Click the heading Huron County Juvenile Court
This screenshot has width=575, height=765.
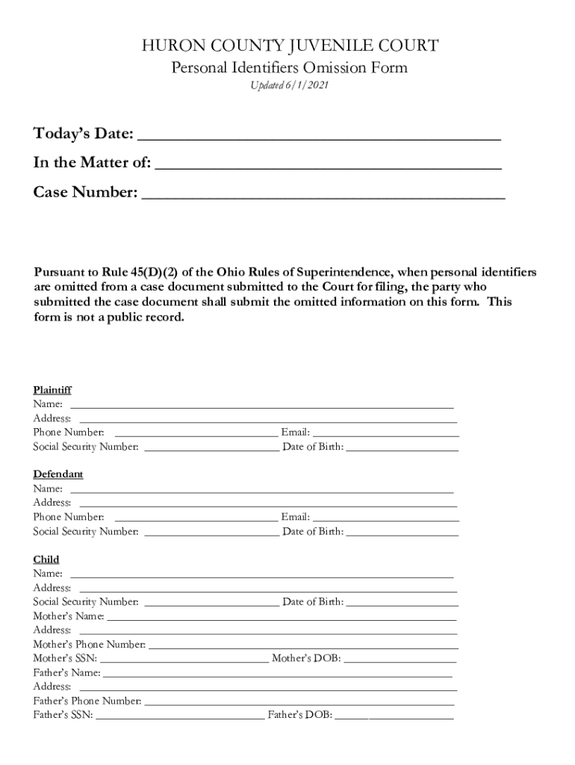290,46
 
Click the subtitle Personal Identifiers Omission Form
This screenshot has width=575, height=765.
290,68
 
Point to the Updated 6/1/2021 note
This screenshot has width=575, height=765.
289,86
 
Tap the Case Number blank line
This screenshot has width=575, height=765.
323,194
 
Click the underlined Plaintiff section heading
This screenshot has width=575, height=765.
52,390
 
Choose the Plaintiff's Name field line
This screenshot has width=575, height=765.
261,405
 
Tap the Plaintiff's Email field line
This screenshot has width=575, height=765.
385,433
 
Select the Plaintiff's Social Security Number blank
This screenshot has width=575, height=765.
211,447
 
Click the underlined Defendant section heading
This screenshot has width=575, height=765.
58,474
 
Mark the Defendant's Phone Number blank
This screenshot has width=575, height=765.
196,517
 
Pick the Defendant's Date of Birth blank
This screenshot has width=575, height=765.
402,532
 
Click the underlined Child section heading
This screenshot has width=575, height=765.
46,560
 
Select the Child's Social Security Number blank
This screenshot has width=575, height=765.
211,602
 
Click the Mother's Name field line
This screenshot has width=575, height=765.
282,617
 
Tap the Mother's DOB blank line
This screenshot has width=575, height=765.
400,659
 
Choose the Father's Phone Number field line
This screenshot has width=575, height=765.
299,701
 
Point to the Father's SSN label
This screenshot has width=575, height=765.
63,715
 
